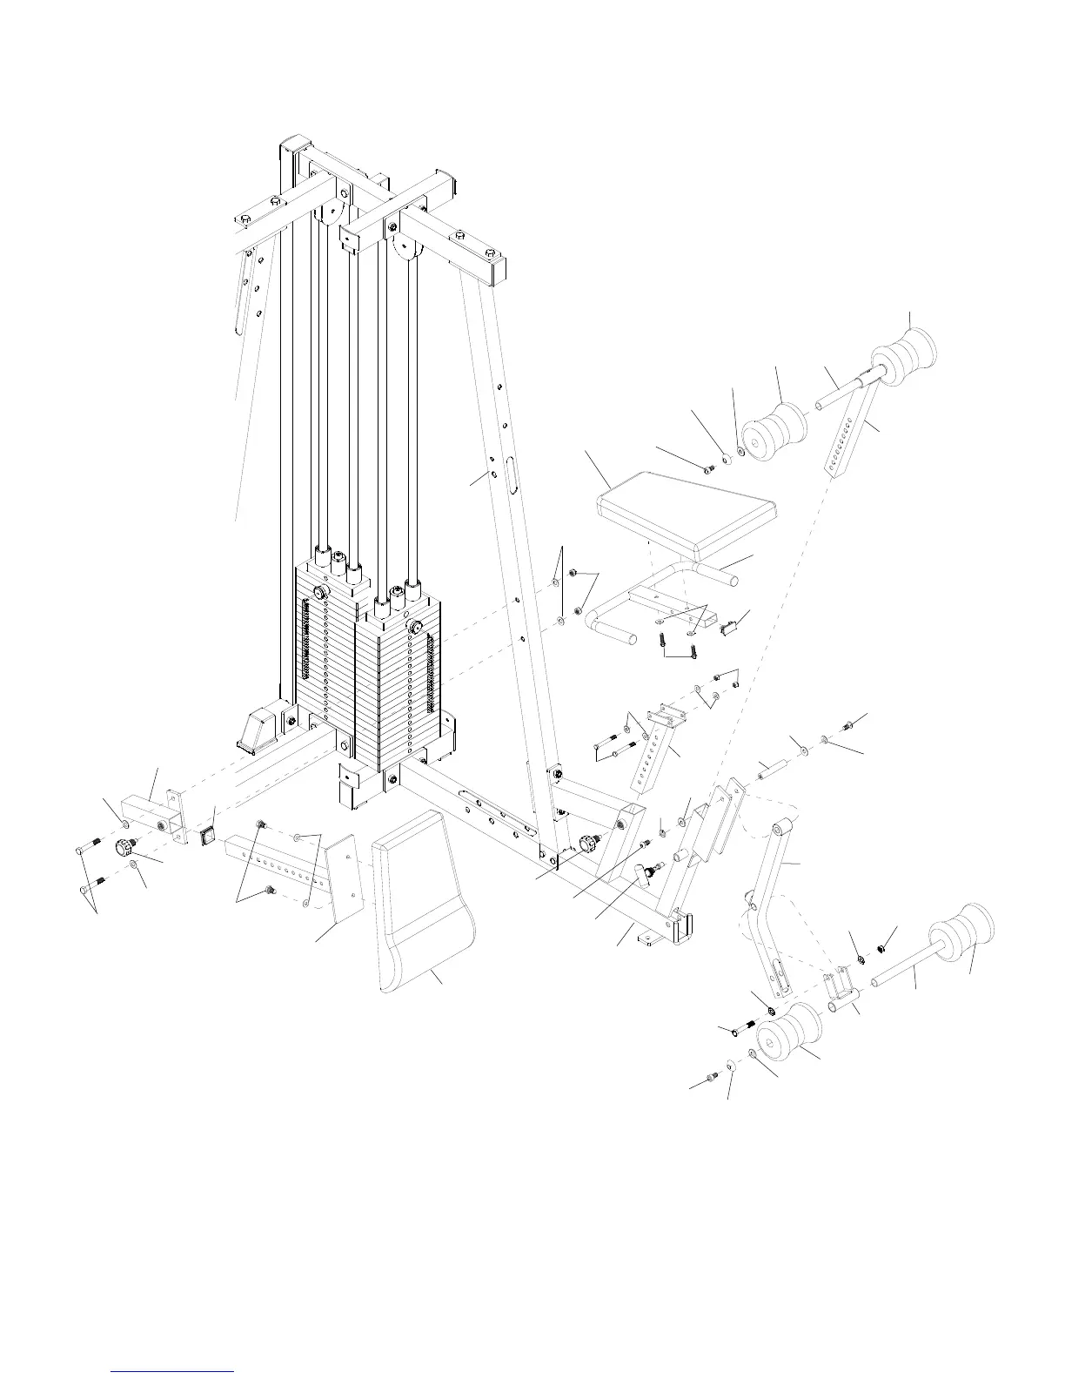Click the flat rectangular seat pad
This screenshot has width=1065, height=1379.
[x=683, y=515]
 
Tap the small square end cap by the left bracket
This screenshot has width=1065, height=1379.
[x=208, y=837]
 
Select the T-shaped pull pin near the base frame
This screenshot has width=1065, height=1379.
[x=646, y=874]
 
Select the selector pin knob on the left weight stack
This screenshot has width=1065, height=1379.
[x=319, y=593]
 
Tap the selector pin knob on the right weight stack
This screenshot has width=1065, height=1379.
[x=415, y=627]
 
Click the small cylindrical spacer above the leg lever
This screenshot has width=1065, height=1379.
[x=770, y=771]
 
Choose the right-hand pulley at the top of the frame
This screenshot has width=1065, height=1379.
[x=407, y=248]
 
